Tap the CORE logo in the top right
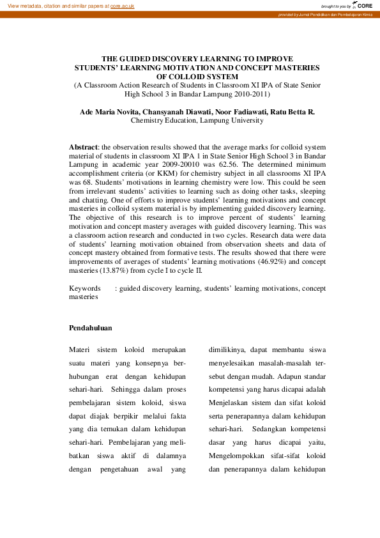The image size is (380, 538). coord(363,5)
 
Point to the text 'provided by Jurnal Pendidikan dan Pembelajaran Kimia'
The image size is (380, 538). coord(325,14)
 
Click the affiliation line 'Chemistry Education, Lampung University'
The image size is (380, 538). coord(197,120)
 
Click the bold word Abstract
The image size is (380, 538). coord(83,147)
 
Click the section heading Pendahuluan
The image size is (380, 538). coord(90,328)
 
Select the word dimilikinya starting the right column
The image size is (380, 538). coord(227,350)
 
